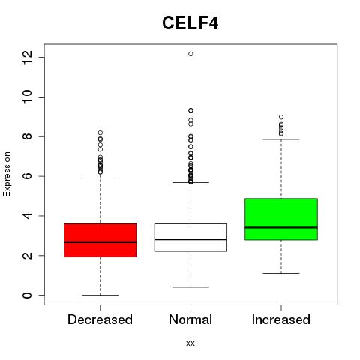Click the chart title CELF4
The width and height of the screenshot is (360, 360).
190,23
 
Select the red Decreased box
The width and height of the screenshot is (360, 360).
100,240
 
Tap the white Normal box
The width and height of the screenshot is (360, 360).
190,238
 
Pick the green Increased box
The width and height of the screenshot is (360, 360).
281,219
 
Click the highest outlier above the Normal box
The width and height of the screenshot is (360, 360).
190,54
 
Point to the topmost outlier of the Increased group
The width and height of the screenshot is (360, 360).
281,117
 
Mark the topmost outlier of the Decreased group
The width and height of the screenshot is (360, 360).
100,133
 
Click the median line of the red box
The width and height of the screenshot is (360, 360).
100,242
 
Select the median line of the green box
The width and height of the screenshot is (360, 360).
281,227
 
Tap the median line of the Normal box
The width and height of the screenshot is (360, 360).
190,239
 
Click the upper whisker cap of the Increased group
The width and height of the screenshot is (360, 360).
281,139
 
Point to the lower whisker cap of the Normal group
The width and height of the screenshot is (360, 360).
190,287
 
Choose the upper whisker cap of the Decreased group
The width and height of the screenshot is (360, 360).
100,175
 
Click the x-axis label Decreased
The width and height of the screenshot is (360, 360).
100,319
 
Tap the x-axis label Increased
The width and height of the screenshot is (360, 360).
281,319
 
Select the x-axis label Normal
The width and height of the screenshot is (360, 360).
190,319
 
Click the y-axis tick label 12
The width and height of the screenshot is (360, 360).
27,57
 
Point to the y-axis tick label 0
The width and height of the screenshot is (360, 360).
27,295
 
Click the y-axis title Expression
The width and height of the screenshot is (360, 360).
7,174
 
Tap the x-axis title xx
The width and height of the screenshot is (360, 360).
190,343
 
